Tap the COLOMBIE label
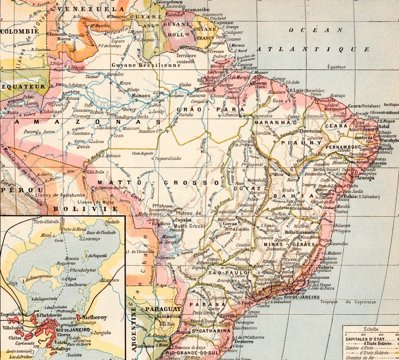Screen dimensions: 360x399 coord(19,31)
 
